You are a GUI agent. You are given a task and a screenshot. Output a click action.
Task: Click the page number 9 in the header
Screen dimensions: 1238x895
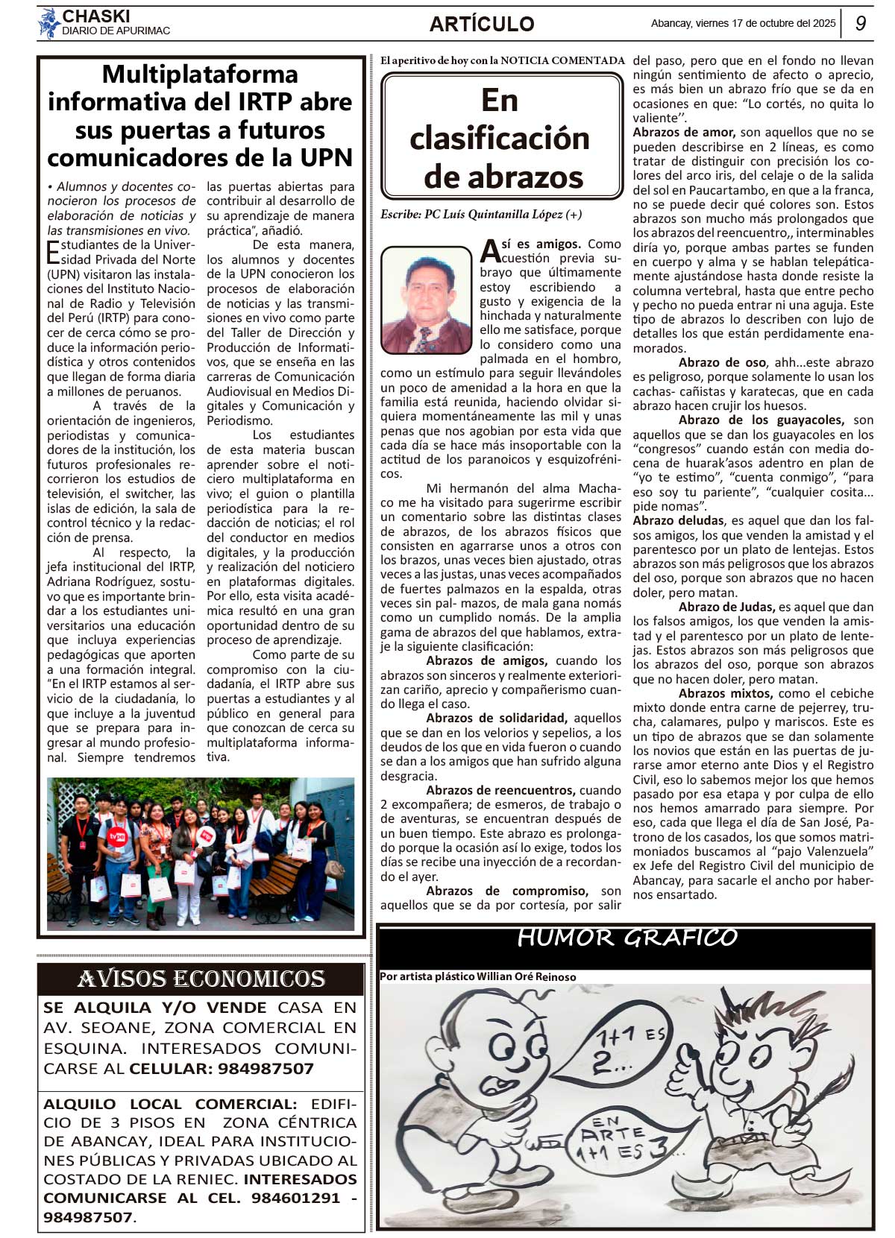tap(861, 23)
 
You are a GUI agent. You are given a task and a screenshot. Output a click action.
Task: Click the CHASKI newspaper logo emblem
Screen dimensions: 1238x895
tap(48, 23)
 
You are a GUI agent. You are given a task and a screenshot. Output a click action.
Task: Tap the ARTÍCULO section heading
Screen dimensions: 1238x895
tap(482, 25)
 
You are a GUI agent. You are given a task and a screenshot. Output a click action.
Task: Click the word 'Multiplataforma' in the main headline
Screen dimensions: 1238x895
tap(200, 75)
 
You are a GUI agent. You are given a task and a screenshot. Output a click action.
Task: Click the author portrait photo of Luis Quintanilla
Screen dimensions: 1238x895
tap(427, 300)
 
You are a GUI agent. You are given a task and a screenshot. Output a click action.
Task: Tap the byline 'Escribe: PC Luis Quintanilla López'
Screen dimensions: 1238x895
tap(480, 215)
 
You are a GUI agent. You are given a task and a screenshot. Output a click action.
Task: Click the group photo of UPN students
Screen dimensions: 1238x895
tap(201, 854)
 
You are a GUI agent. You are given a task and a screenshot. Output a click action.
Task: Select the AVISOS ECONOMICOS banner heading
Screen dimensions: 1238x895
tap(201, 979)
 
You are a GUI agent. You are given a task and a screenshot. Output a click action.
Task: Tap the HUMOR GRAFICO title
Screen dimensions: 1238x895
tap(626, 938)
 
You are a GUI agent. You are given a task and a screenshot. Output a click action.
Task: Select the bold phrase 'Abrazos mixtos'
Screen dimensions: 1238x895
tap(715, 693)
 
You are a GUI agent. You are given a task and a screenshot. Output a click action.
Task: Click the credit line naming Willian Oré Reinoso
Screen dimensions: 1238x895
tap(477, 976)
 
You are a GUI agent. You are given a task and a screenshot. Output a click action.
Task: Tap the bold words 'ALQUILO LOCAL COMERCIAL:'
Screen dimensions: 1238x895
tap(170, 1104)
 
